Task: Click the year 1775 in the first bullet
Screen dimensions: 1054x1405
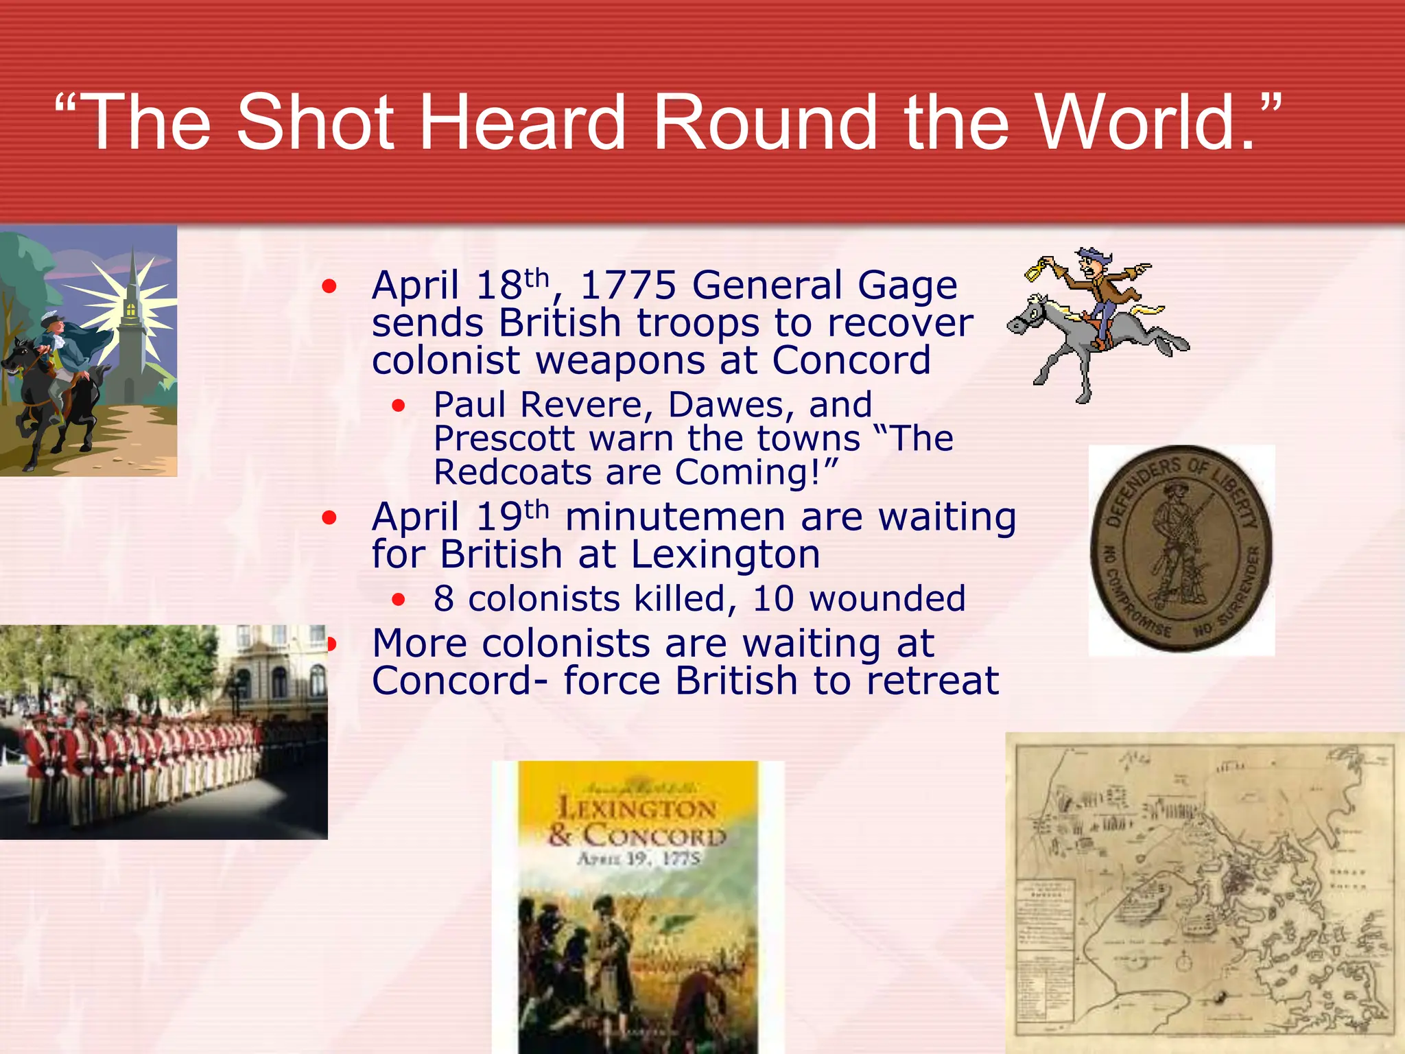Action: click(628, 285)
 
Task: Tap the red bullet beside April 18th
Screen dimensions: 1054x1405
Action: click(330, 286)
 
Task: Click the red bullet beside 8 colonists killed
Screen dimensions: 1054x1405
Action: click(399, 600)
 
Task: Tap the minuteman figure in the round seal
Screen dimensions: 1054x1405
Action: click(1177, 542)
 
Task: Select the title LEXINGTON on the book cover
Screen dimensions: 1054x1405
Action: click(637, 808)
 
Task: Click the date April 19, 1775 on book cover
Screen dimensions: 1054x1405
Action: click(638, 858)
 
